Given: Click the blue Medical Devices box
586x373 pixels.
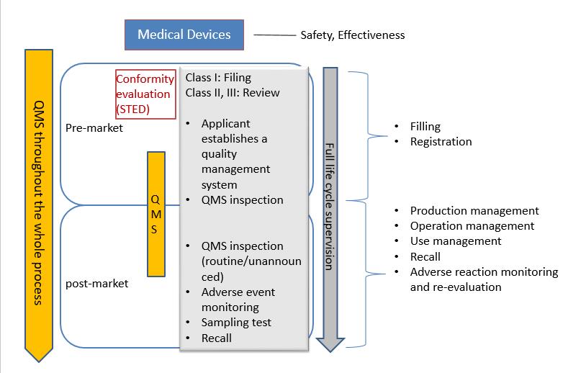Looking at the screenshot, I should click(184, 35).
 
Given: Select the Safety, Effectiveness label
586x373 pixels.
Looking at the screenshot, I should click(352, 35).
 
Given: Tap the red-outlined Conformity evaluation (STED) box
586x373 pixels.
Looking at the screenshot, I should click(145, 94).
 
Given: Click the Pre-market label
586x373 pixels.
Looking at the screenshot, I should click(94, 128).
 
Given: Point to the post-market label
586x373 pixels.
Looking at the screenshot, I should click(96, 283).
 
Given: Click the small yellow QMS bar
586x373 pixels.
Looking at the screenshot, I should click(156, 214).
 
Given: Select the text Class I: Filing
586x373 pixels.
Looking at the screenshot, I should click(218, 78).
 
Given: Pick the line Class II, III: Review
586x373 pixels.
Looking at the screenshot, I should click(233, 92).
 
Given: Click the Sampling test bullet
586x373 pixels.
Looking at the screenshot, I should click(236, 323).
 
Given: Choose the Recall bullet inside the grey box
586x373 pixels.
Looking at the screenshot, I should click(217, 338).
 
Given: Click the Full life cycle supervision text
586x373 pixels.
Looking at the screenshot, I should click(329, 207).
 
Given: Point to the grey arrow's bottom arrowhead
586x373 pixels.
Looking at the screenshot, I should click(329, 343).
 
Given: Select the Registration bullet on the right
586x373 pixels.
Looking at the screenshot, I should click(441, 142).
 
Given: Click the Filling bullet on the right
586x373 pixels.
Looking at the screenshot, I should click(425, 127).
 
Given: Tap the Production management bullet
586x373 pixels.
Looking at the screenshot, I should click(474, 211).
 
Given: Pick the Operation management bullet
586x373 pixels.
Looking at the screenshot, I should click(472, 226).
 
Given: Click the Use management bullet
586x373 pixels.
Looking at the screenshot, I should click(456, 241).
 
